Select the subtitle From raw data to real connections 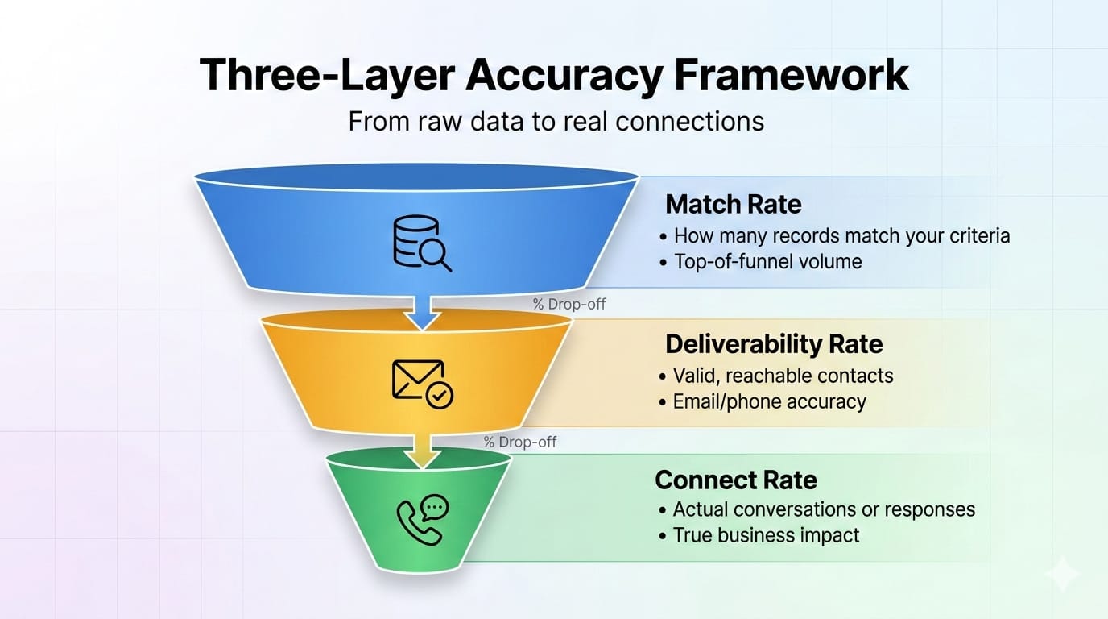[556, 121]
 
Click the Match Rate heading [733, 204]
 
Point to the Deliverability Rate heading [774, 344]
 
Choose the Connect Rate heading [736, 480]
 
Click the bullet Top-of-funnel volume [767, 261]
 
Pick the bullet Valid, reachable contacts [783, 376]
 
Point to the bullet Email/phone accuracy [769, 401]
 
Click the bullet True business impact [766, 535]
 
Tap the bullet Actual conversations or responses [824, 509]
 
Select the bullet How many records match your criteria [841, 236]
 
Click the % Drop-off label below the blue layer [568, 305]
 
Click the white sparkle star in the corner [1061, 574]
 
